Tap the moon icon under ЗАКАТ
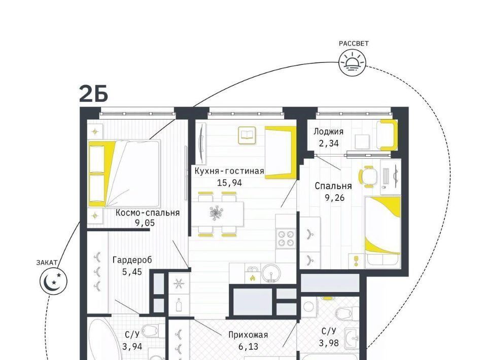coord(53,281)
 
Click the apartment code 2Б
coord(93,94)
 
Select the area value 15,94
coord(229,183)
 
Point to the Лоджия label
coord(328,132)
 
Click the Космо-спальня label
coord(148,213)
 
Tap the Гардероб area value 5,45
coord(132,272)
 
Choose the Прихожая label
coord(248,335)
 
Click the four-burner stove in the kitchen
coord(286,238)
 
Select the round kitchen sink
coord(271,273)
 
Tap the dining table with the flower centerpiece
coord(217,214)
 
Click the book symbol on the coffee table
coord(247,135)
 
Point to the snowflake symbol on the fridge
coord(179,283)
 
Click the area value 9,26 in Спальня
coord(334,198)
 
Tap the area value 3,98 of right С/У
coord(329,343)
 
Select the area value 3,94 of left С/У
coord(132,346)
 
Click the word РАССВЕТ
coord(354,44)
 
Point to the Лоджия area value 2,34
coord(328,143)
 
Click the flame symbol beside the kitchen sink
coord(253,278)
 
